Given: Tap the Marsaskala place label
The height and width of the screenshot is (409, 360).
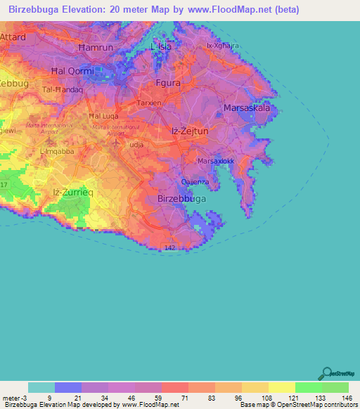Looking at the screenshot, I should pos(247,108).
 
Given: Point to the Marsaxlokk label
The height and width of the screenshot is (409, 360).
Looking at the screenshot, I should pos(215,161).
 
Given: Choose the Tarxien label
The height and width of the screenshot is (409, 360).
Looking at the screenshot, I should pos(149,103).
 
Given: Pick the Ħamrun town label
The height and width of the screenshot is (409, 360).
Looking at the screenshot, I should pos(96,47).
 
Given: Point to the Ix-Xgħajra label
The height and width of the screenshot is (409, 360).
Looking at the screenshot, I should pos(223,46).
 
